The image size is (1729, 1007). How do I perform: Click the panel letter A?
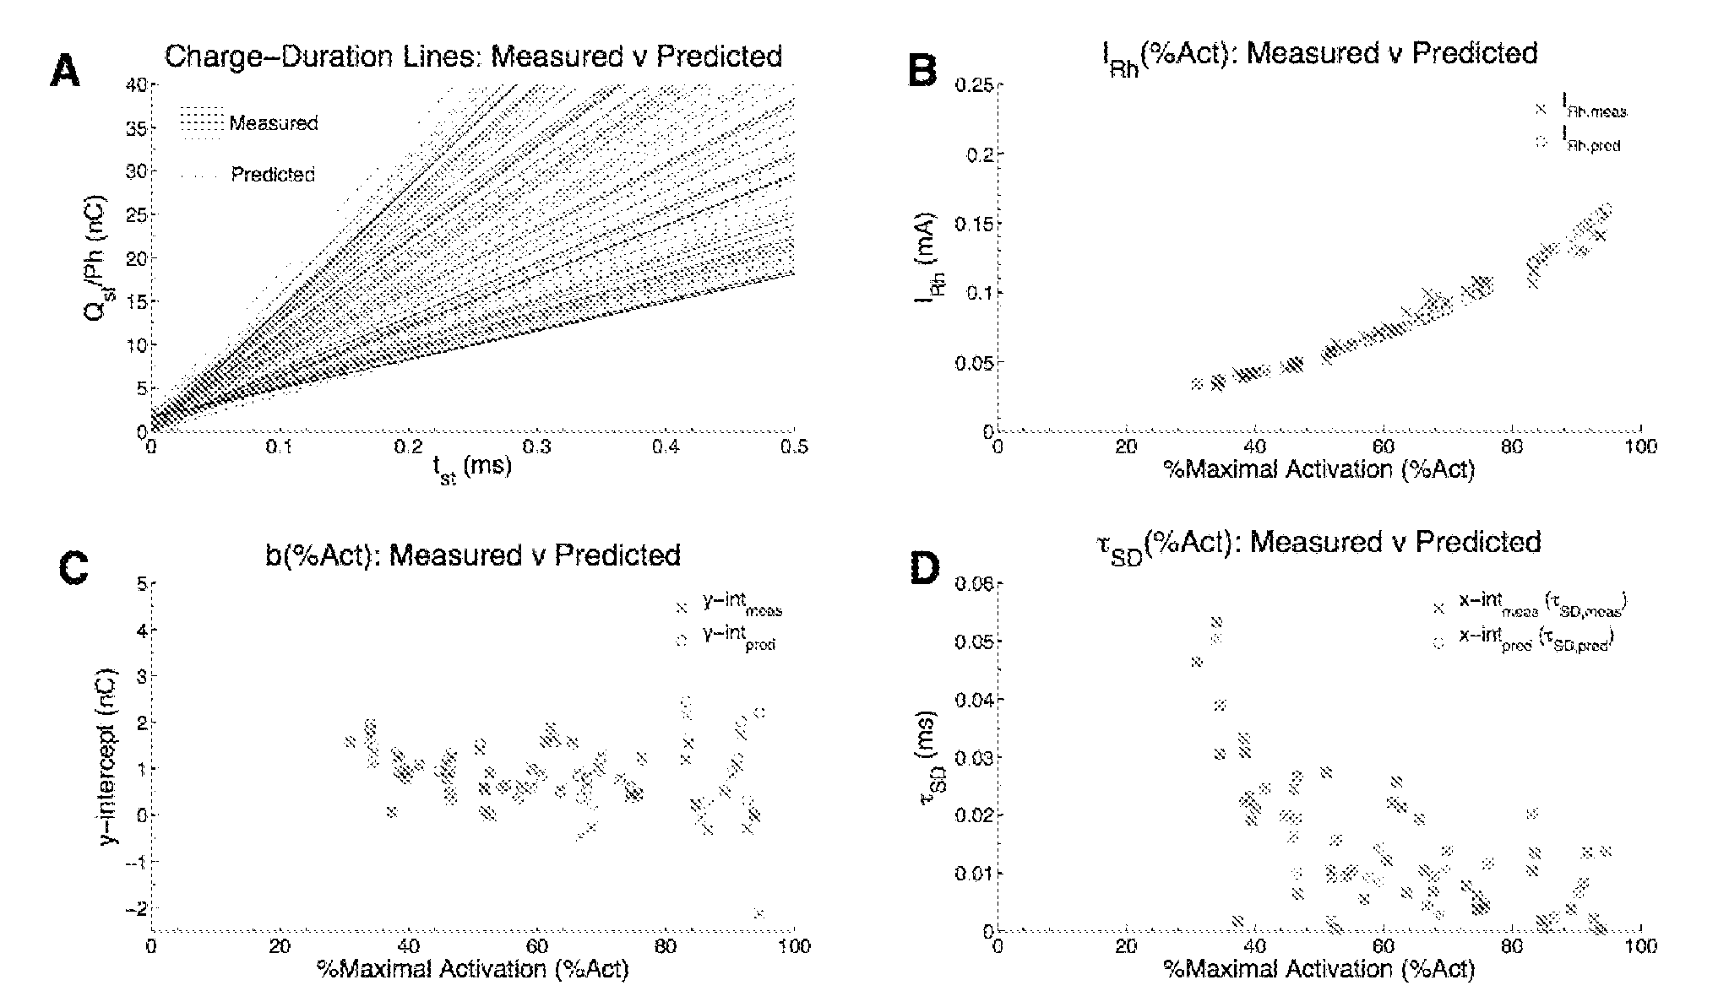pyautogui.click(x=66, y=71)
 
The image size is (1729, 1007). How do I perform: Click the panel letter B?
pyautogui.click(x=922, y=71)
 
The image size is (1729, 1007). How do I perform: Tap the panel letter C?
pyautogui.click(x=73, y=570)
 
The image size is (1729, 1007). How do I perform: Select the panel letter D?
pyautogui.click(x=922, y=570)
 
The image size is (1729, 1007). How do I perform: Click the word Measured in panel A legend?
pyautogui.click(x=274, y=123)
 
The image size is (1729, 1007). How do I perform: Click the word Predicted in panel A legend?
pyautogui.click(x=273, y=175)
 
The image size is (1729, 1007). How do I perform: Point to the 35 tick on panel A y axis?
pyautogui.click(x=134, y=128)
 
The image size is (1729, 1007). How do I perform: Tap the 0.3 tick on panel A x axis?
pyautogui.click(x=537, y=447)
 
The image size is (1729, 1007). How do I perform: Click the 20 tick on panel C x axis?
pyautogui.click(x=280, y=946)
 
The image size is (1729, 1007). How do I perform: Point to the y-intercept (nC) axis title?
pyautogui.click(x=108, y=755)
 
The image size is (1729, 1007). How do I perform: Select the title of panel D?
pyautogui.click(x=1343, y=543)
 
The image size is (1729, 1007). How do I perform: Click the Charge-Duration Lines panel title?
pyautogui.click(x=473, y=57)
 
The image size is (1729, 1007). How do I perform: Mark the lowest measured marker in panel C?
pyautogui.click(x=758, y=913)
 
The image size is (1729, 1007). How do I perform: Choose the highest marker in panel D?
pyautogui.click(x=1216, y=622)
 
